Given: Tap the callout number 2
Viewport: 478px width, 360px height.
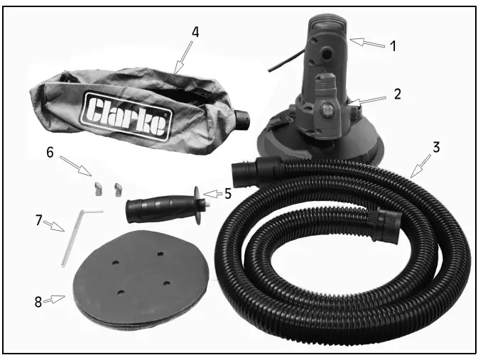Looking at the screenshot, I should [398, 93].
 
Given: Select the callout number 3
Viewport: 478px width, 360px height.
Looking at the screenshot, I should [437, 148].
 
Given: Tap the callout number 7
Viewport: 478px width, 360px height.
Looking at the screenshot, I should [38, 221].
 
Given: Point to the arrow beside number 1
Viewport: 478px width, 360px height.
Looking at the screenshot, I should [367, 43].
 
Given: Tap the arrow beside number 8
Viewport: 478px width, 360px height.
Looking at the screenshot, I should [57, 299].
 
